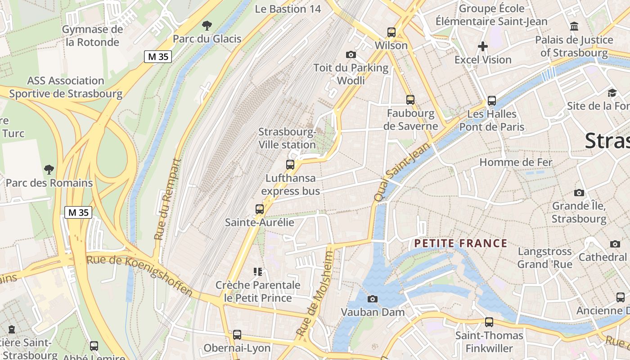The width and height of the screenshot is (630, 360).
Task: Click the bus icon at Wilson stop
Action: coord(391,32)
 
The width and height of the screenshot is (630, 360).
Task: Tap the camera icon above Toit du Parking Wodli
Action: coord(351,55)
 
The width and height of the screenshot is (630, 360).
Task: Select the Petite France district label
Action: coord(460,243)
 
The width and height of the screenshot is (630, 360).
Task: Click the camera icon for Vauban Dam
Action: coord(372,299)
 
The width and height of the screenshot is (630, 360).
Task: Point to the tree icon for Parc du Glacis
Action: coord(207,25)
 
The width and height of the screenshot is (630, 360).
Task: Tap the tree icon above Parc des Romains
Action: coord(49,170)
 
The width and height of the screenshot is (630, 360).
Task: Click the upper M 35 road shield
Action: coord(158,57)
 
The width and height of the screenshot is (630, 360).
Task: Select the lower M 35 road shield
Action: coord(79,212)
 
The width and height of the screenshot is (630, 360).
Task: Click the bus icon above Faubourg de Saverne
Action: coord(410,100)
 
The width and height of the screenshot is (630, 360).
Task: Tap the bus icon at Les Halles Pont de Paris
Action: coord(491,101)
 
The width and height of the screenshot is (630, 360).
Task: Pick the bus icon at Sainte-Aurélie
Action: coord(259,209)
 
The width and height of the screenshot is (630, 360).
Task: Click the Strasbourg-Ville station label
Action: coord(287,138)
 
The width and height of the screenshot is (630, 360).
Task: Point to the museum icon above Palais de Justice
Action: coord(574,27)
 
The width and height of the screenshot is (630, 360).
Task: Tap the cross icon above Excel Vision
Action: coord(483,46)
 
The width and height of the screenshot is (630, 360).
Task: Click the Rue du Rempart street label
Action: coord(167,199)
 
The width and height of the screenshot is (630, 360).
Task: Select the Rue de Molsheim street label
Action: coord(316,294)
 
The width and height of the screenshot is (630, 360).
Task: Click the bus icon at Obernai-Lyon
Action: coord(237,335)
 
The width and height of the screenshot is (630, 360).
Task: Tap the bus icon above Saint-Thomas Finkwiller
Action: coord(489,322)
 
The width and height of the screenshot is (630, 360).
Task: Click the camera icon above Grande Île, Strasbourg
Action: coord(579,193)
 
